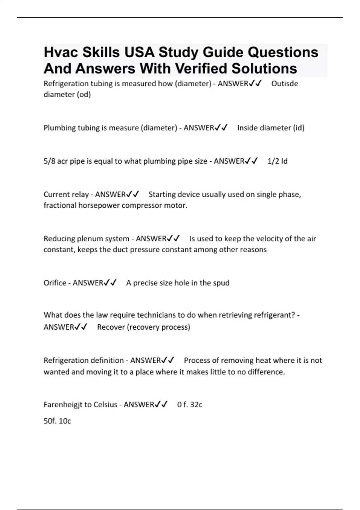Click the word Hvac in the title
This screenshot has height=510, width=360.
(x=61, y=52)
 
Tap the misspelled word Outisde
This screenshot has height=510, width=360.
(x=284, y=84)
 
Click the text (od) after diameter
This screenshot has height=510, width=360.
(x=84, y=95)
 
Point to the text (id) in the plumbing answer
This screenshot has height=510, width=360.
(x=299, y=128)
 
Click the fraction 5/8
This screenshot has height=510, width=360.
(x=49, y=161)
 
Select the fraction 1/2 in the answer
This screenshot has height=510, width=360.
(x=273, y=161)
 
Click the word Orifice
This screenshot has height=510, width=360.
(x=55, y=283)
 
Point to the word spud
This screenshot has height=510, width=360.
(x=221, y=283)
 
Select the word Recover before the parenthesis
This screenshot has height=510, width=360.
(x=111, y=327)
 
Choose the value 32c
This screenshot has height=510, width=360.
(x=196, y=405)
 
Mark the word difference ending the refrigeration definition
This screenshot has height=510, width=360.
(x=266, y=372)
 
